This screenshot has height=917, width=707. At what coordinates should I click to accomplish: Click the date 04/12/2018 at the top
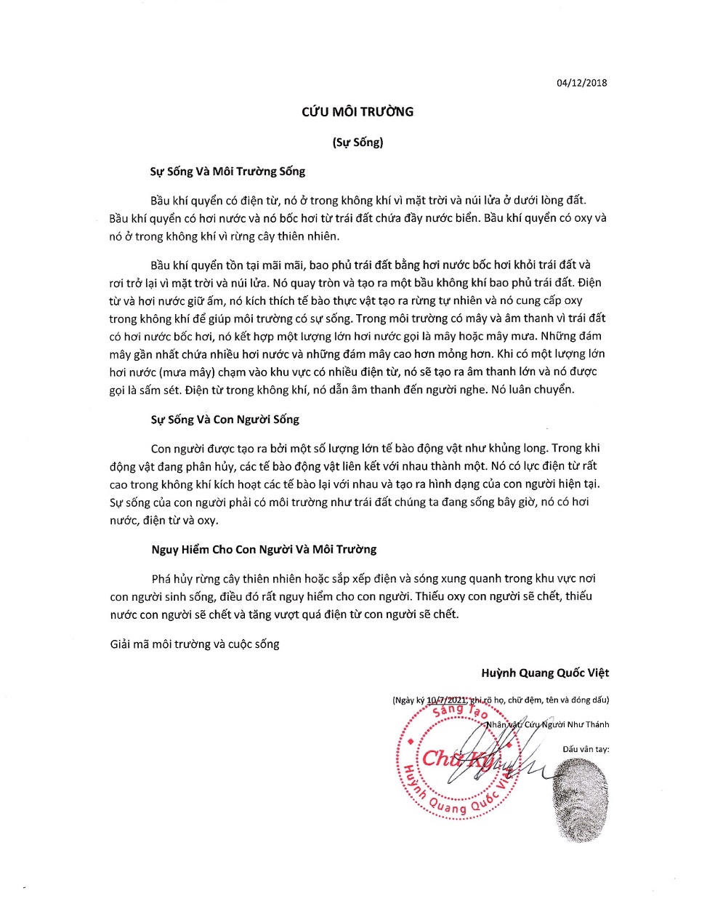[x=581, y=83]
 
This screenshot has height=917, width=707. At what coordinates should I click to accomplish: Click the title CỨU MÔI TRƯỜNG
[x=357, y=112]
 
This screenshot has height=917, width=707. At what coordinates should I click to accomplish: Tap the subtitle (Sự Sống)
[x=357, y=142]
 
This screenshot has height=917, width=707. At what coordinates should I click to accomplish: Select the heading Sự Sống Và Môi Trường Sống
[x=227, y=172]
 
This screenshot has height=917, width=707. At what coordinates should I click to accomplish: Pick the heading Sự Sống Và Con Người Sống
[x=225, y=420]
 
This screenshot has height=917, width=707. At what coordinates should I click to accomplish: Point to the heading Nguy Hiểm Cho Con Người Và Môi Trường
[x=264, y=549]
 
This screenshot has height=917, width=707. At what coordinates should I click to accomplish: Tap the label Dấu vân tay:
[x=586, y=749]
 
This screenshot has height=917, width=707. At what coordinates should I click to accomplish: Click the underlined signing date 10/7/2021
[x=446, y=700]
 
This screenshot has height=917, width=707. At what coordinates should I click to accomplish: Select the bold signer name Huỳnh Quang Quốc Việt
[x=545, y=673]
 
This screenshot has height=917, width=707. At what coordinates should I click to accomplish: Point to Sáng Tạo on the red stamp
[x=459, y=710]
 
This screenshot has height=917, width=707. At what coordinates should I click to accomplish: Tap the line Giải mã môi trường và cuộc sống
[x=195, y=644]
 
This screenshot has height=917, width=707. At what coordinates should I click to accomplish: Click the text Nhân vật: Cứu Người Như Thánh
[x=547, y=724]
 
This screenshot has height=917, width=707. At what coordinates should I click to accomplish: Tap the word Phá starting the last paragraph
[x=162, y=579]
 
